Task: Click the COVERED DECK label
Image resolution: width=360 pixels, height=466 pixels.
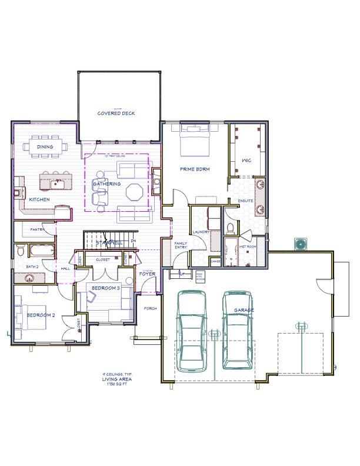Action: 116,113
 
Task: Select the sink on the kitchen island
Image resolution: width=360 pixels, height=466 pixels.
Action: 58,184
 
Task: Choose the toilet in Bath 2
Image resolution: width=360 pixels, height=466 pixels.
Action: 21,252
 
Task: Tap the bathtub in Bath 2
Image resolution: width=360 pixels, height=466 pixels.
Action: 42,251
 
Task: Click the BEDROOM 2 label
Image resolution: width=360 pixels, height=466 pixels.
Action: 41,315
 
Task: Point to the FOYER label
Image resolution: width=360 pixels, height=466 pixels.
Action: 146,274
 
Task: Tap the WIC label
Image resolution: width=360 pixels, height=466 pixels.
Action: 247,160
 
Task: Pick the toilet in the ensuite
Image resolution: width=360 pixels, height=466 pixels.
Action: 231,227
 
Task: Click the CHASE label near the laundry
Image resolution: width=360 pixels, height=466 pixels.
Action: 215,261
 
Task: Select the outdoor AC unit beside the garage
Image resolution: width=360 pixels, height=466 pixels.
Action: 301,243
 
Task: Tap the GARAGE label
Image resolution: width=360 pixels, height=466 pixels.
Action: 244,309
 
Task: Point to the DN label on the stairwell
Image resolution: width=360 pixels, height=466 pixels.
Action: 134,241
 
